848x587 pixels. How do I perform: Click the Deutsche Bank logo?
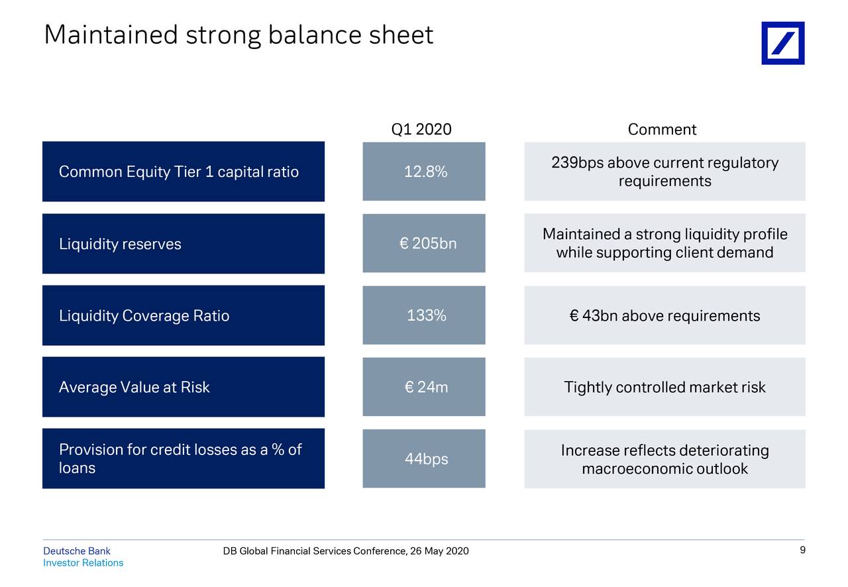[782, 43]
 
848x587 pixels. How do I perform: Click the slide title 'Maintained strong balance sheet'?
[238, 35]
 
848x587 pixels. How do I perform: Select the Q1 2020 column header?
[421, 129]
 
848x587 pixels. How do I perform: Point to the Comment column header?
[662, 129]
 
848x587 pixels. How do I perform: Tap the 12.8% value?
[425, 172]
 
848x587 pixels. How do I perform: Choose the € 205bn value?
[428, 244]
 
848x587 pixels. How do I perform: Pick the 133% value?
[426, 316]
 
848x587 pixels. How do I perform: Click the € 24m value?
[426, 388]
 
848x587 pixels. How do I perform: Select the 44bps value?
[426, 459]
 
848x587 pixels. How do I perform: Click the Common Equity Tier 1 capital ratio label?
[179, 172]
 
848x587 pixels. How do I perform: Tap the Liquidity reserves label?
[120, 244]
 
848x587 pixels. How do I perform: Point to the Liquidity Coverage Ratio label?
[144, 316]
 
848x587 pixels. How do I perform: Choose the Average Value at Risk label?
[134, 388]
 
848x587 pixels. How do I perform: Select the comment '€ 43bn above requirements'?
[664, 316]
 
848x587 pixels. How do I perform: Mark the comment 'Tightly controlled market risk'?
[664, 388]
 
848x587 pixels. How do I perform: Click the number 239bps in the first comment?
[577, 163]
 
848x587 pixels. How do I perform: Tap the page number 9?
[802, 551]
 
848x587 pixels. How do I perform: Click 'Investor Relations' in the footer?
[83, 563]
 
